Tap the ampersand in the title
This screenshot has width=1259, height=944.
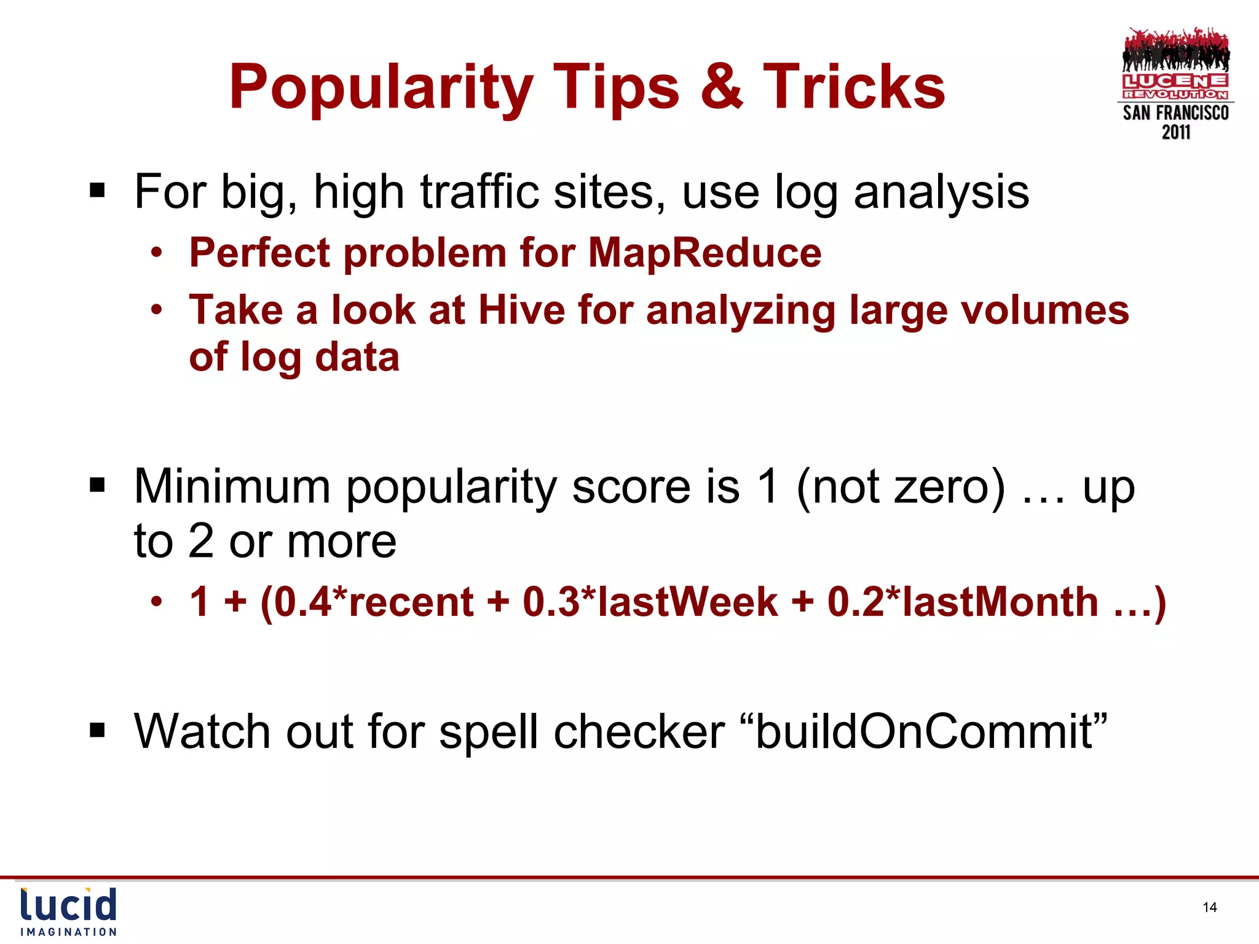click(x=721, y=87)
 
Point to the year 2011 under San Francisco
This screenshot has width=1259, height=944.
click(x=1176, y=132)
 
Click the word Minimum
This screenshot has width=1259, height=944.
click(x=232, y=486)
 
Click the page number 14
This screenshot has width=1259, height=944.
click(x=1209, y=907)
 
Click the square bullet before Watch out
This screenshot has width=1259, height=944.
click(x=97, y=730)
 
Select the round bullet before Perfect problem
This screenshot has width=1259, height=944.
click(x=157, y=253)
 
